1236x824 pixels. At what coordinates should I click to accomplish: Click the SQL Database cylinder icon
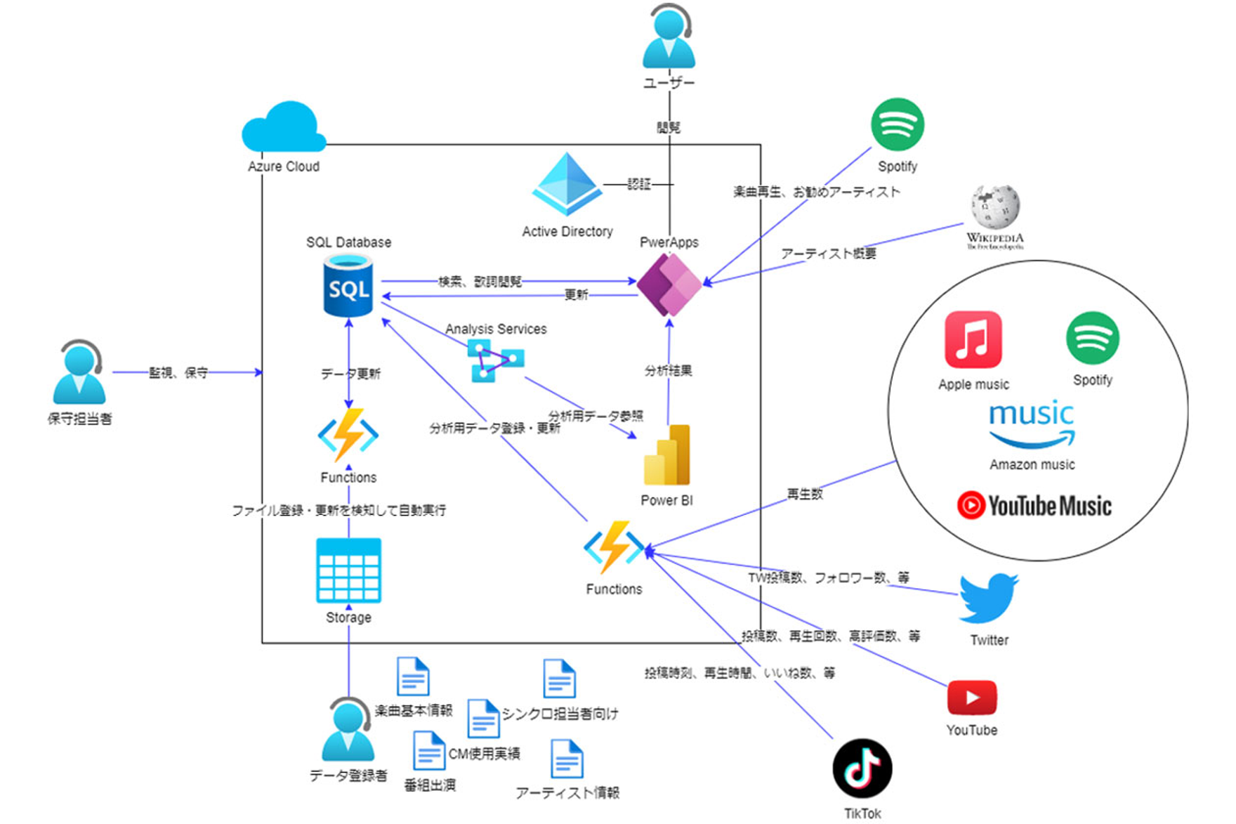tap(348, 286)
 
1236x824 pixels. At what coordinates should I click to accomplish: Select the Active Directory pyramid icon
tap(567, 184)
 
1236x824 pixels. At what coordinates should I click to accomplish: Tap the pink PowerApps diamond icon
tap(669, 285)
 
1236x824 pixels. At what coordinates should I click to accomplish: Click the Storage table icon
tap(348, 570)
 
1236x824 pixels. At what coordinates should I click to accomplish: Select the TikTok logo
tap(862, 769)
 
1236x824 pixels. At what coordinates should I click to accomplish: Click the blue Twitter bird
tap(989, 598)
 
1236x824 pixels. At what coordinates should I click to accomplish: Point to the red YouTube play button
tap(972, 698)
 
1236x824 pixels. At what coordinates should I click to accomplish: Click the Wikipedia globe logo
tap(995, 208)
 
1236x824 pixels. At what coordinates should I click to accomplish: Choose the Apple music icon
tap(973, 340)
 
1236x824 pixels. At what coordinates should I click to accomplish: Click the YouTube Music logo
tap(1034, 505)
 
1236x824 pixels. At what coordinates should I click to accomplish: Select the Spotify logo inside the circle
tap(1092, 338)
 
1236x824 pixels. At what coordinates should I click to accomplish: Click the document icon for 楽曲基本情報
tap(413, 676)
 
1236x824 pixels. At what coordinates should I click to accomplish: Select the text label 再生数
tap(805, 494)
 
